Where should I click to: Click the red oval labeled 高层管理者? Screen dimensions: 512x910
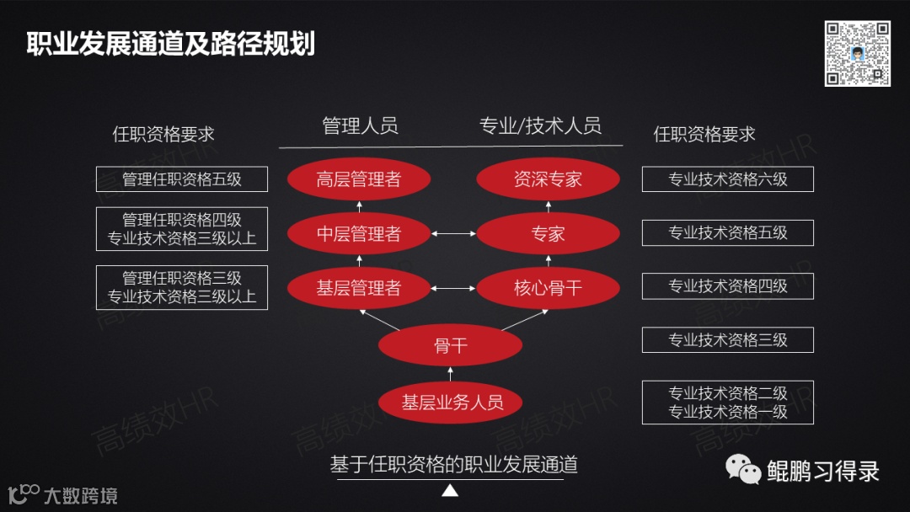coord(359,179)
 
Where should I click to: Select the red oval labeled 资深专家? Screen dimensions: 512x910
coord(548,179)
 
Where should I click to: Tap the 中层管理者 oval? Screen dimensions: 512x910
coord(359,234)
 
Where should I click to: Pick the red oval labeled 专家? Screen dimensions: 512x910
coord(548,234)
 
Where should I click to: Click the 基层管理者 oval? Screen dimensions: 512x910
coord(359,288)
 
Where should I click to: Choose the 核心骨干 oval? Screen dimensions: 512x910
coord(548,288)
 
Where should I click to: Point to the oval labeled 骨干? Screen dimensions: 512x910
coord(451,345)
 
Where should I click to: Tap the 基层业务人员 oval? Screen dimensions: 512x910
coord(451,403)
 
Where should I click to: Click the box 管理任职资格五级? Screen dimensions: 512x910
coord(182,179)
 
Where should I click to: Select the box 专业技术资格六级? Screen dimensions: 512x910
coord(727,179)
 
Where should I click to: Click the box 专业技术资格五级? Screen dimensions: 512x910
coord(727,233)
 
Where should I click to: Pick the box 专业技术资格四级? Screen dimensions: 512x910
coord(727,286)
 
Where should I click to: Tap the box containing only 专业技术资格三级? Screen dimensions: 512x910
coord(727,340)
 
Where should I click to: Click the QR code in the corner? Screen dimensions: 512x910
coord(857,53)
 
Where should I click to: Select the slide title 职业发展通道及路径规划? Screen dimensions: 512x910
coord(171,44)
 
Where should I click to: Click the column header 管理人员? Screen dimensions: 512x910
coord(360,126)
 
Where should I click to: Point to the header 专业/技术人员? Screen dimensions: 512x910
coord(540,126)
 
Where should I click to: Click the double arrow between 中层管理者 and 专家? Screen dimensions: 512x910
coord(453,234)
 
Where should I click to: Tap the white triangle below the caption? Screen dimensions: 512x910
coord(450,491)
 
